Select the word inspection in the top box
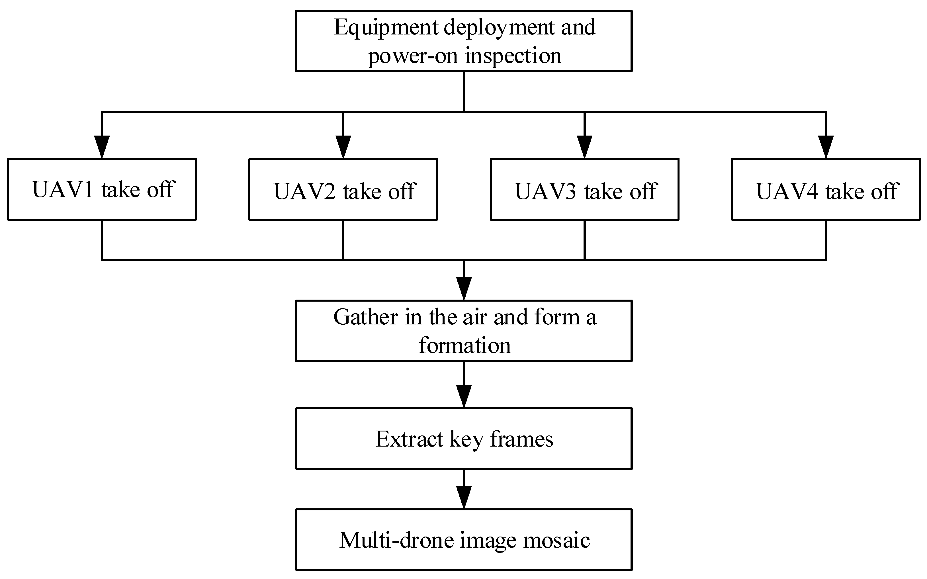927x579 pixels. click(513, 56)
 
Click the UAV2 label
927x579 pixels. click(304, 191)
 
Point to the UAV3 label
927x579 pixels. click(546, 191)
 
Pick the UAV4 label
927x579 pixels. click(787, 191)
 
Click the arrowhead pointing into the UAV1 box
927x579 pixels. click(102, 147)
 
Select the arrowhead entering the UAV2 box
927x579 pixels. click(343, 147)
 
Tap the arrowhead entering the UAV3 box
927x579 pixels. click(584, 147)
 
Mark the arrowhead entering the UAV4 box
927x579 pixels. click(826, 147)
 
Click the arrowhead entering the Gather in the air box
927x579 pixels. click(464, 289)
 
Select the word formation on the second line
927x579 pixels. click(464, 346)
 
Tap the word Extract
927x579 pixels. click(409, 439)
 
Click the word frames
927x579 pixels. click(521, 439)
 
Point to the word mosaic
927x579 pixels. click(556, 540)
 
